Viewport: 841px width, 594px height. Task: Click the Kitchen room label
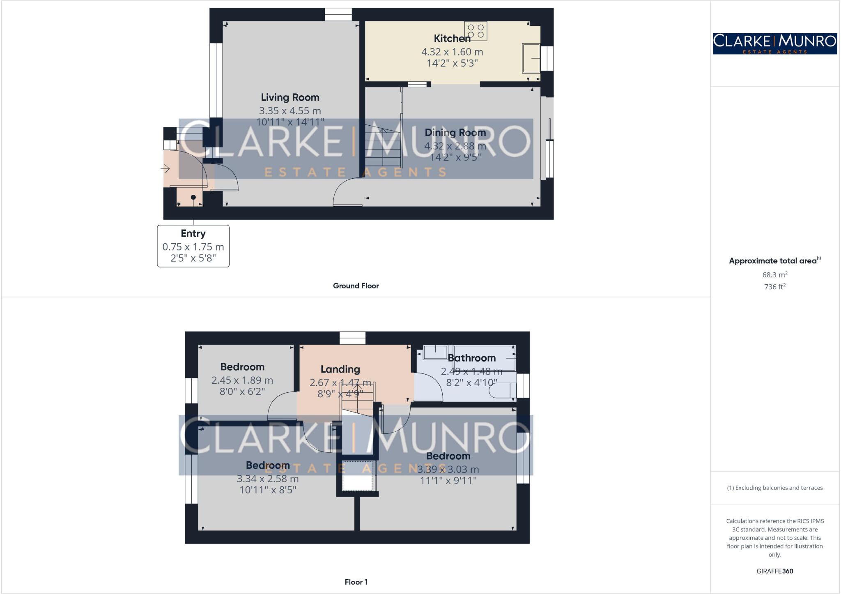point(452,39)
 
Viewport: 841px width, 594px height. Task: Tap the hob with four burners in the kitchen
point(476,31)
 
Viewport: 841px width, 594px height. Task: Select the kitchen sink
point(531,58)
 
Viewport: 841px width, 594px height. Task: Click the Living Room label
point(290,97)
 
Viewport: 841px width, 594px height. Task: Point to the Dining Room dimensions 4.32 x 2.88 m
point(455,146)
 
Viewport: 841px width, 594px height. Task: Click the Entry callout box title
point(193,233)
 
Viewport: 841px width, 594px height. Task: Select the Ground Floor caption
point(356,286)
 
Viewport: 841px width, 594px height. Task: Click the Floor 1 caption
point(356,582)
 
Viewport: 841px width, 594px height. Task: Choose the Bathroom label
point(471,358)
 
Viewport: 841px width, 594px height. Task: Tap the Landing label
point(340,369)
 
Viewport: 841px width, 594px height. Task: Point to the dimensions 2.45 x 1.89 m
point(242,380)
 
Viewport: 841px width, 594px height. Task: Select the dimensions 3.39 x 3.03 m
point(448,469)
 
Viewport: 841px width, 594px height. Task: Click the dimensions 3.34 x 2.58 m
point(268,479)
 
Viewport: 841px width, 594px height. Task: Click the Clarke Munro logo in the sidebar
point(775,44)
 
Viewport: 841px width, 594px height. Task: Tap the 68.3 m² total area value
point(775,274)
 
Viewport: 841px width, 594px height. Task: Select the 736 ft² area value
point(775,287)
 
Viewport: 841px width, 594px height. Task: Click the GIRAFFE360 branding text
point(775,571)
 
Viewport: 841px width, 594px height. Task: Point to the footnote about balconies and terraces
point(775,488)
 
